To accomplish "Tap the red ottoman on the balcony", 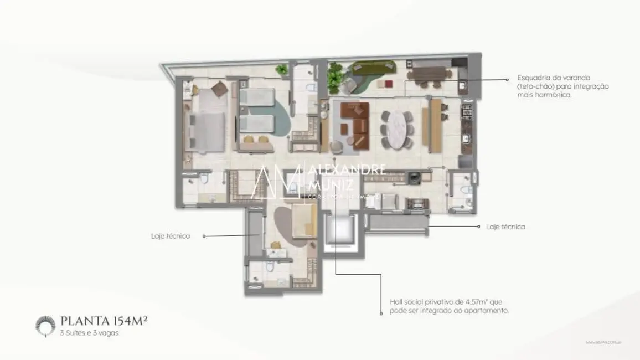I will (388, 83).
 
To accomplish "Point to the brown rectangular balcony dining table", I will (429, 73).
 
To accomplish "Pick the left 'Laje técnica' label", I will (171, 236).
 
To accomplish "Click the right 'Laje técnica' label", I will (505, 227).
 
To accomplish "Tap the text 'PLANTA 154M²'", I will (104, 321).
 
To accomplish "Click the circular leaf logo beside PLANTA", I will (45, 325).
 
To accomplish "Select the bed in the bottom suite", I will (304, 220).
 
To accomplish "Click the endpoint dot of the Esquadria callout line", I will (507, 79).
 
